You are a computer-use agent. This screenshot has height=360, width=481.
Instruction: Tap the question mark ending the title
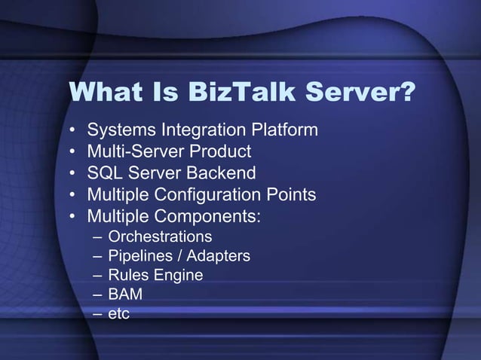(x=406, y=93)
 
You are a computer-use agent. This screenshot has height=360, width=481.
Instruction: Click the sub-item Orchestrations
(x=160, y=238)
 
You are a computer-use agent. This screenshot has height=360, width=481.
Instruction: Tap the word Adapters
(x=217, y=257)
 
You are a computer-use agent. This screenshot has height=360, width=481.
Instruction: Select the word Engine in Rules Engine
(x=179, y=276)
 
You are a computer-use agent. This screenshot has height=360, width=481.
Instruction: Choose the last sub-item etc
(x=118, y=313)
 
